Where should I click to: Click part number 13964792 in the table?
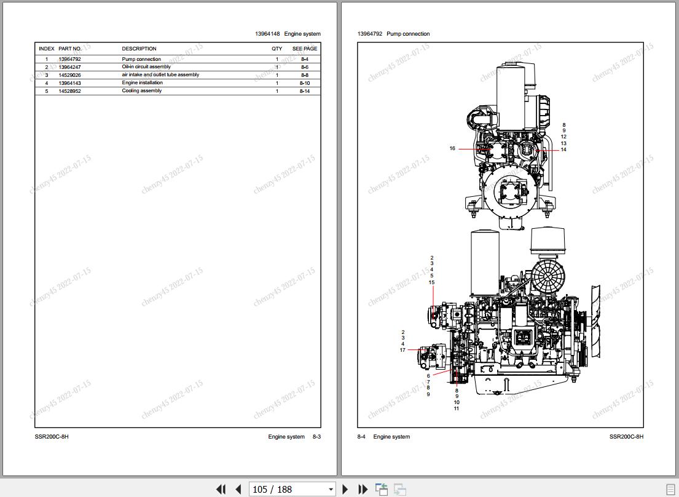click(x=69, y=60)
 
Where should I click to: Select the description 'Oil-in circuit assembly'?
click(x=146, y=66)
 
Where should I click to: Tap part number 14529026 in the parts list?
click(x=69, y=75)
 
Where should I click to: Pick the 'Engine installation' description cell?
click(x=143, y=83)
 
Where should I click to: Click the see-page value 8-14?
click(x=305, y=91)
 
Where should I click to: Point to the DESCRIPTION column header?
click(x=139, y=49)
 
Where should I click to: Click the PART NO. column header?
click(x=70, y=49)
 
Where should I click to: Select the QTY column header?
click(x=277, y=49)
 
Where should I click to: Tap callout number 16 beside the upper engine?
click(x=452, y=149)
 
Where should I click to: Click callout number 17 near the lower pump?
click(x=402, y=349)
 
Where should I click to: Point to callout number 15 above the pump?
click(x=432, y=282)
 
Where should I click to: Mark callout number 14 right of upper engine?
click(x=563, y=149)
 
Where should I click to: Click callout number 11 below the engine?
click(x=457, y=408)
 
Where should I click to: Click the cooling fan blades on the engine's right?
click(x=596, y=322)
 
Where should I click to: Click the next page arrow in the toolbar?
click(x=345, y=489)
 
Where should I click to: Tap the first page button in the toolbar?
click(x=221, y=489)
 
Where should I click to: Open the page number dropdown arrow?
click(x=331, y=490)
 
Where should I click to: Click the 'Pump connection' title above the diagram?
click(x=408, y=34)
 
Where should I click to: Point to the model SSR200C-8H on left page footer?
click(x=52, y=437)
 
